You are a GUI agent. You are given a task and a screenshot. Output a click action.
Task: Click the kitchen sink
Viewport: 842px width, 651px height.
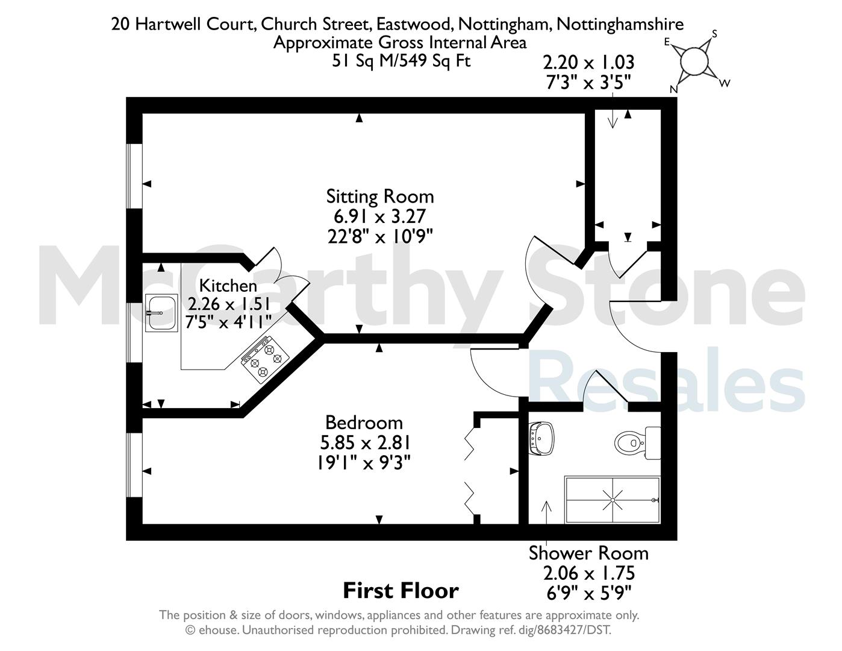click(161, 312)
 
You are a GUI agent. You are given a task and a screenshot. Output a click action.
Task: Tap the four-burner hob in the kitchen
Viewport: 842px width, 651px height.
click(265, 357)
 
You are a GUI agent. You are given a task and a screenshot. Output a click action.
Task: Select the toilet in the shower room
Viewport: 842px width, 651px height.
click(637, 443)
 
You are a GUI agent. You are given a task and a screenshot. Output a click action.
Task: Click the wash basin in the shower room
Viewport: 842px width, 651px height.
click(541, 438)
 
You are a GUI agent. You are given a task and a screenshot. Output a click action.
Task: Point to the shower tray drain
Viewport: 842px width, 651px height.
click(613, 500)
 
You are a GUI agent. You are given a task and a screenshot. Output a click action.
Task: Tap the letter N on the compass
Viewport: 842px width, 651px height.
click(674, 89)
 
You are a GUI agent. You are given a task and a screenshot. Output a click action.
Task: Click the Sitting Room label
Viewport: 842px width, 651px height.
click(379, 196)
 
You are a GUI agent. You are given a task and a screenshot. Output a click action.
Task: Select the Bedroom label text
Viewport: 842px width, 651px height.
click(364, 423)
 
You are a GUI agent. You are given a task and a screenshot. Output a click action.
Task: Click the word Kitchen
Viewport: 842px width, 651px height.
click(228, 286)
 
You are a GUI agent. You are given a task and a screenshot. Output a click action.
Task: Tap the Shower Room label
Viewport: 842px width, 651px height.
click(588, 553)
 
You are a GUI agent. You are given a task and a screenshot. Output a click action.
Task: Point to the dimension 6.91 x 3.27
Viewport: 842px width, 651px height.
click(379, 216)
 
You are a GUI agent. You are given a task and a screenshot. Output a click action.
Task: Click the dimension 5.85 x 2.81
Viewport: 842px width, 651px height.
click(365, 442)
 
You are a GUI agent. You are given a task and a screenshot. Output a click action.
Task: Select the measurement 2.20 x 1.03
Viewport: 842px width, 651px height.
click(588, 62)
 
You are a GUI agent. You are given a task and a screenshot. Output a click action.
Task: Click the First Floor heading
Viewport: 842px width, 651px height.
click(401, 591)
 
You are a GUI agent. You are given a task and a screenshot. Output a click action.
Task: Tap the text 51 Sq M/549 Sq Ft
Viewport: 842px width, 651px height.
click(401, 61)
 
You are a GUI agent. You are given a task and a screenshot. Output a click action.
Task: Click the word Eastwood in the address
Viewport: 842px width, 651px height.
click(413, 24)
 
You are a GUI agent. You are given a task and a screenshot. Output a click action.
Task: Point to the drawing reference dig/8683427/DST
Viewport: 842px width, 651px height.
click(573, 630)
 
